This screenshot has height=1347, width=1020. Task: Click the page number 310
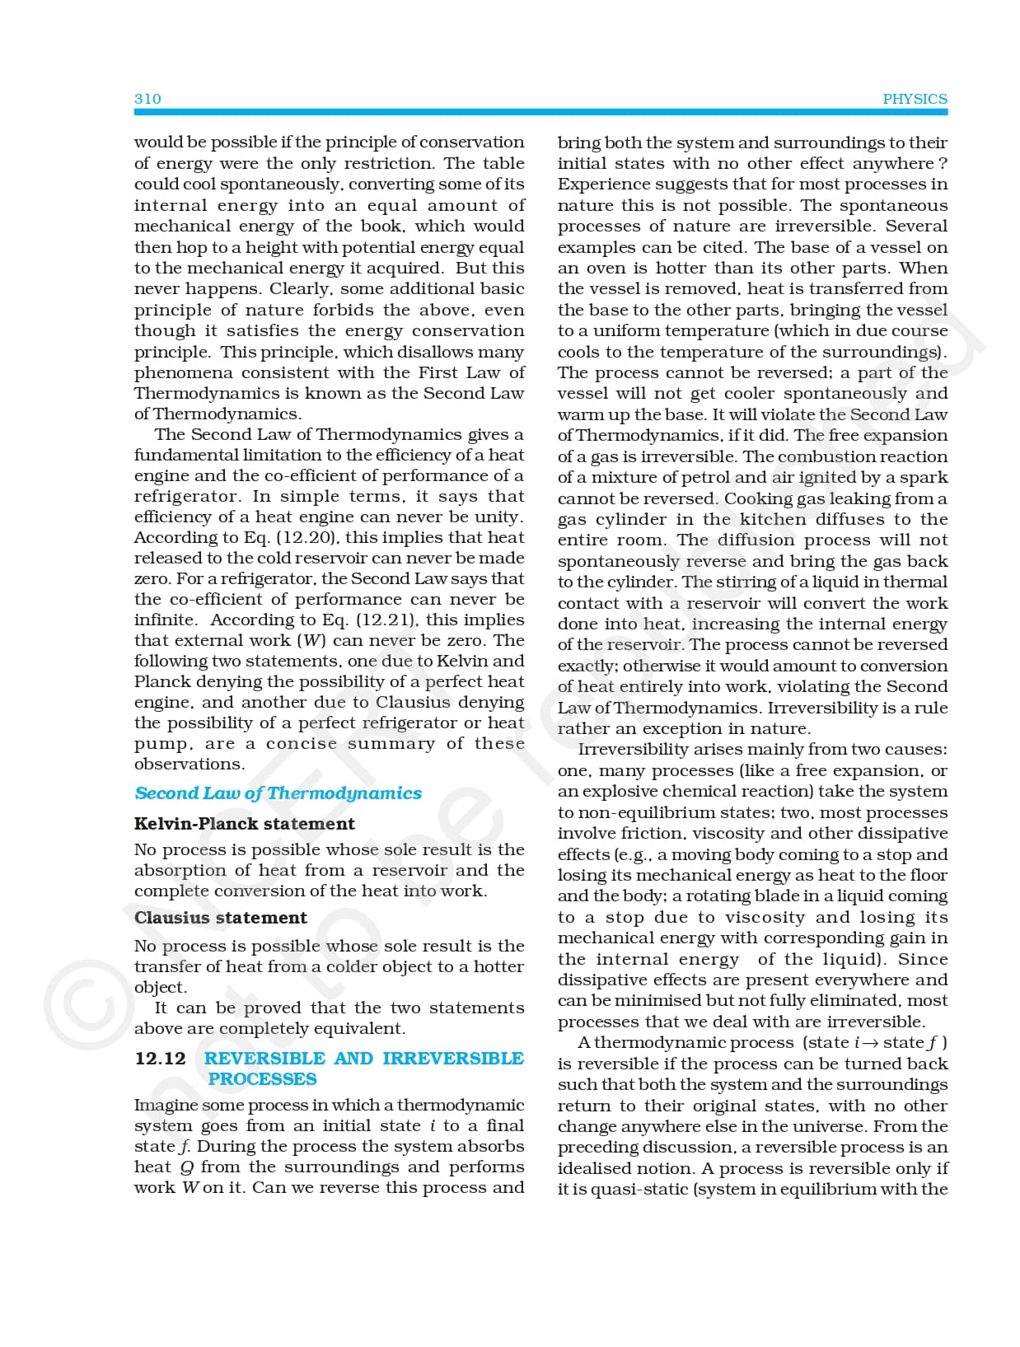[x=147, y=99]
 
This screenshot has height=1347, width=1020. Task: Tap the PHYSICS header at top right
[x=915, y=99]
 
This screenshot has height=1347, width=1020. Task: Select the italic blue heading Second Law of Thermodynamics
[x=278, y=793]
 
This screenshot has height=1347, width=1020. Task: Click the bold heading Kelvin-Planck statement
[x=244, y=824]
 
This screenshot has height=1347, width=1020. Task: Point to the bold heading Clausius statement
[x=220, y=918]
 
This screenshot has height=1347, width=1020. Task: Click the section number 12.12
[x=160, y=1059]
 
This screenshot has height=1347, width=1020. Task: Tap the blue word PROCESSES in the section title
[x=262, y=1079]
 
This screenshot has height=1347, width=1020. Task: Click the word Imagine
[x=165, y=1106]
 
